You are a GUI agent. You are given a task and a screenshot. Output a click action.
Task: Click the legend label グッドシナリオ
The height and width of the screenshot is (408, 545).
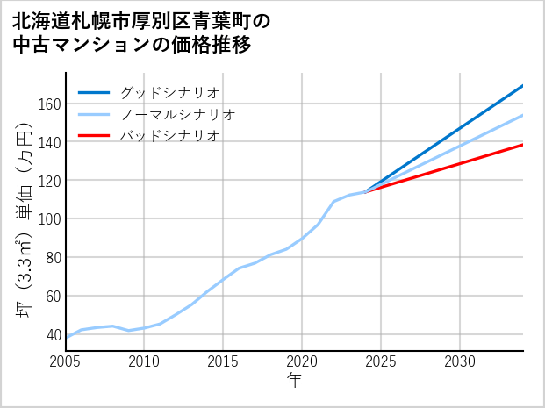pos(169,92)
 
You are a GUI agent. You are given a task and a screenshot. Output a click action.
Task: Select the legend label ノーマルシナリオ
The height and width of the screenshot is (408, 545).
pos(177,114)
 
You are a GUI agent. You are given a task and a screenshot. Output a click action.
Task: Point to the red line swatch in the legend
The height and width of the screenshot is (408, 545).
pos(94,136)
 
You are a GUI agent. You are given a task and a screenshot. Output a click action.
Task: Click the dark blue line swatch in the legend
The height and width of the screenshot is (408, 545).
pos(94,92)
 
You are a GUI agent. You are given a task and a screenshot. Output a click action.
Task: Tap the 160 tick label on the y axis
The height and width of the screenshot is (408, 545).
pos(49,104)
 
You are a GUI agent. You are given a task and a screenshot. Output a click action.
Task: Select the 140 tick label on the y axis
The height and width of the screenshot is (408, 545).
pos(49,142)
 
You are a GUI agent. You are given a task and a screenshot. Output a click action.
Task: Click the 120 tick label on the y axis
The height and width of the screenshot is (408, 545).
pos(49,181)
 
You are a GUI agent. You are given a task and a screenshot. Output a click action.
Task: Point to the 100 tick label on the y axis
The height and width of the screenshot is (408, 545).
pos(49,218)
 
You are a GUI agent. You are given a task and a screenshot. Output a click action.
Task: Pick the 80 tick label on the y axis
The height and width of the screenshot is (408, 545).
pos(53,257)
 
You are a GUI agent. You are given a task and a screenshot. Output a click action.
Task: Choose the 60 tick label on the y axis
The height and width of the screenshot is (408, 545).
pos(53,296)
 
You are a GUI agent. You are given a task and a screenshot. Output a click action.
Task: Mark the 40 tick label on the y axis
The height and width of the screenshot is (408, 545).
pos(53,334)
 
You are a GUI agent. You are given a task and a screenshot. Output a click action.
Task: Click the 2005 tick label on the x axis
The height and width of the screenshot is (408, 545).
pos(66,361)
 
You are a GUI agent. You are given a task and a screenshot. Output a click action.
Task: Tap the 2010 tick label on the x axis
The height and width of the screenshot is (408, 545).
pos(144,361)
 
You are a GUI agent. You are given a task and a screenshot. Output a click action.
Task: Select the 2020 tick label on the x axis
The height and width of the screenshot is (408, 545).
pos(302,361)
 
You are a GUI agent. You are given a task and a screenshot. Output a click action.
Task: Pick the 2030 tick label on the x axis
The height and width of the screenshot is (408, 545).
pos(460,361)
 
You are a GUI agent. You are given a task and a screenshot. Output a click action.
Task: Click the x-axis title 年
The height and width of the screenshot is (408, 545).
pos(295,381)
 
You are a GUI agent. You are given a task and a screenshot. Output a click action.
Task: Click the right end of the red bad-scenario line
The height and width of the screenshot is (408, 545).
pos(522,145)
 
